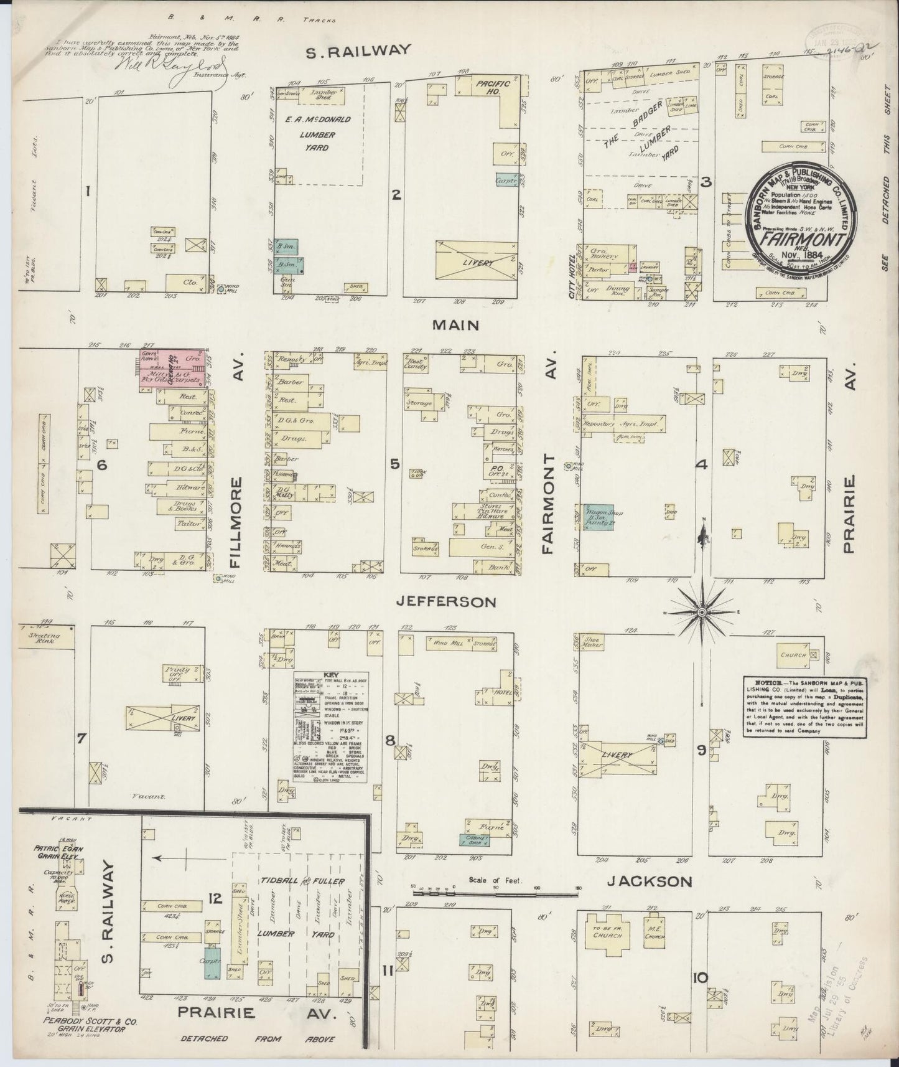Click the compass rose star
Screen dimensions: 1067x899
702,613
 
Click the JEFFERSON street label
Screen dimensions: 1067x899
447,602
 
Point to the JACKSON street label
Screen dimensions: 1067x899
650,881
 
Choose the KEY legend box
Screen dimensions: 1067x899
330,726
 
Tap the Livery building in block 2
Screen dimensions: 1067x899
477,263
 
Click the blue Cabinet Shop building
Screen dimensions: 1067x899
476,840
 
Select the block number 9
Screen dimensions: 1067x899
701,751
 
